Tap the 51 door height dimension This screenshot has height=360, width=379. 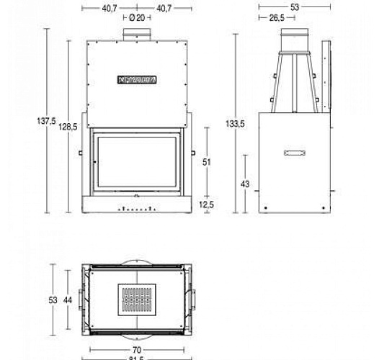[207, 163]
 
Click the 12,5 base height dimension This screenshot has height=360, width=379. [207, 204]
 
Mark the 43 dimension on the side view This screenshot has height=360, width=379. [245, 184]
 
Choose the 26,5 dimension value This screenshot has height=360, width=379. [277, 18]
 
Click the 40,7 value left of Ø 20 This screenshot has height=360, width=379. [109, 8]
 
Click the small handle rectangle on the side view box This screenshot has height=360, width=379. [295, 153]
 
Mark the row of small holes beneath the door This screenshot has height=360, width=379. [136, 210]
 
